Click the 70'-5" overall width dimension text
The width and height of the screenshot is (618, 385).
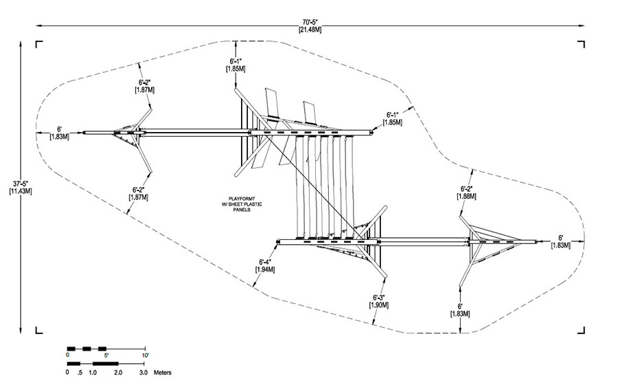coord(310,23)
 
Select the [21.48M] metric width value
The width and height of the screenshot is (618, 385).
coord(310,29)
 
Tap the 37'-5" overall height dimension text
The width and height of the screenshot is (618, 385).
coord(21,184)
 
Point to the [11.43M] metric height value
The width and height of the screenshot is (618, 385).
coord(21,191)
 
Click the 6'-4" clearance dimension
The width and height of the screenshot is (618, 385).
coord(265,262)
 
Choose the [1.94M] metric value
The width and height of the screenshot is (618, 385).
coord(265,269)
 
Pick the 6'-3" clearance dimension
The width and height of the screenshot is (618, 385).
coord(379,298)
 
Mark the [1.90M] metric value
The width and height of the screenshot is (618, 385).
coord(379,305)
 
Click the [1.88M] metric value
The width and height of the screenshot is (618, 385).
coord(467,196)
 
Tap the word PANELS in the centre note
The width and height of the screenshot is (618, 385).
coord(242,210)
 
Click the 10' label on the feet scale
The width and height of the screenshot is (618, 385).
coord(146,355)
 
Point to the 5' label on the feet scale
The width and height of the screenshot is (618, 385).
coord(106,355)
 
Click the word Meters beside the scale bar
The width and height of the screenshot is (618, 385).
coord(162,373)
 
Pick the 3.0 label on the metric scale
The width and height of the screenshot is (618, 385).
coord(144,373)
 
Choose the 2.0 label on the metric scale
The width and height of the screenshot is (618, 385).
coord(118,373)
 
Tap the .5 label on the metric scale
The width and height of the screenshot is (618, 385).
coord(80,373)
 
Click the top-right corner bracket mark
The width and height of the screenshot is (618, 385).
coord(581,44)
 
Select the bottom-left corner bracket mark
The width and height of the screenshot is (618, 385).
coord(39,330)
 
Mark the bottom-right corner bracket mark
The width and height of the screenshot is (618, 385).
coord(581,330)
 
